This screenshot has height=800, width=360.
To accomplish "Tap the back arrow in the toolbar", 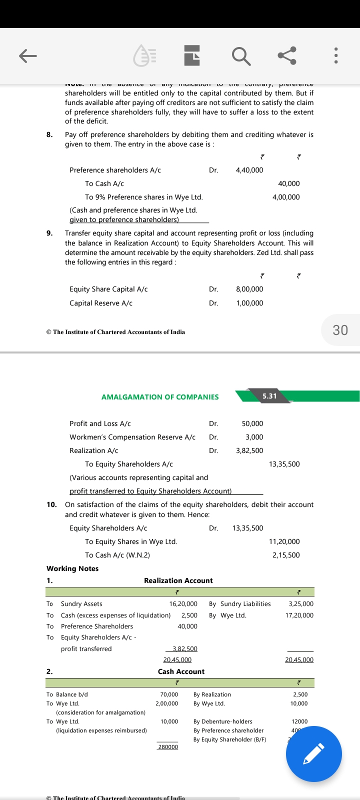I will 28,55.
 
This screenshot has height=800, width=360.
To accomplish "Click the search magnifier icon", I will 241,55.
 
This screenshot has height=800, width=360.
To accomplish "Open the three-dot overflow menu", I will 336,55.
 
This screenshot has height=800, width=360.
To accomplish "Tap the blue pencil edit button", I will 313,754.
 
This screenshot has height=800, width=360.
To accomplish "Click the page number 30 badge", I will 340,330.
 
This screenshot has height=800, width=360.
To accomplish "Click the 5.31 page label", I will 269,396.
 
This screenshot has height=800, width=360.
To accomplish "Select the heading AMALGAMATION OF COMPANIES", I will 160,397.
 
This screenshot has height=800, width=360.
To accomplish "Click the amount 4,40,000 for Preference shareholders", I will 249,170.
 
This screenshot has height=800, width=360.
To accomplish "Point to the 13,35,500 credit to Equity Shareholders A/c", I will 284,464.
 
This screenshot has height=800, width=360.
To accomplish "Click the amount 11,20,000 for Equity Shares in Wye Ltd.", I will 284,541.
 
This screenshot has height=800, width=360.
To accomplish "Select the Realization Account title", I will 178,580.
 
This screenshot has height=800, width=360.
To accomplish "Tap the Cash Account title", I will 181,671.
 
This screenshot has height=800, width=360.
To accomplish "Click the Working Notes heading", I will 72,568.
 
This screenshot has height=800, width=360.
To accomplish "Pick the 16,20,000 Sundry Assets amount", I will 183,604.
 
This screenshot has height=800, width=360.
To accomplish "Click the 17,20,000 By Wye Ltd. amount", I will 299,615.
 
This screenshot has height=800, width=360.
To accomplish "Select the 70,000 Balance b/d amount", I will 169,694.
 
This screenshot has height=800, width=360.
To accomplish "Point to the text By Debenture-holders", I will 222,721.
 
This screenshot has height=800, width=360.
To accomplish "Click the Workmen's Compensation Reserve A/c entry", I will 132,437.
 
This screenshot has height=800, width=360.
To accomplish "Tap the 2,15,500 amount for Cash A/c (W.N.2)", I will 286,555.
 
